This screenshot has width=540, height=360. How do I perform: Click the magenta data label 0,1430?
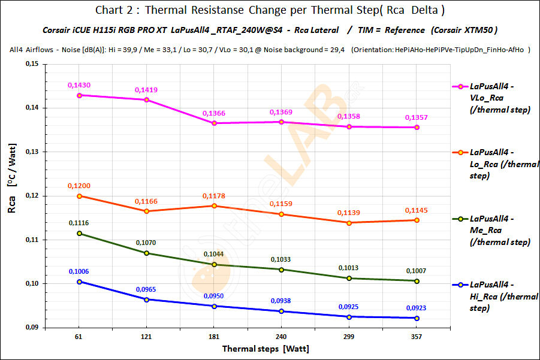point(79,86)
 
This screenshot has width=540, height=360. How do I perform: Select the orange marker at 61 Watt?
point(79,196)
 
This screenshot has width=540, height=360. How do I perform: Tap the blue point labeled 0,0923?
point(417,318)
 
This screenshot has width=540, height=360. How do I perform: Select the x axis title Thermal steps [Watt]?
point(266,348)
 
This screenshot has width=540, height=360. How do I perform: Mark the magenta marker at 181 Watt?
point(215,123)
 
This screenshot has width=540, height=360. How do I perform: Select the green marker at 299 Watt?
point(349,278)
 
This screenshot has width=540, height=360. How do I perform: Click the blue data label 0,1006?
point(79,272)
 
